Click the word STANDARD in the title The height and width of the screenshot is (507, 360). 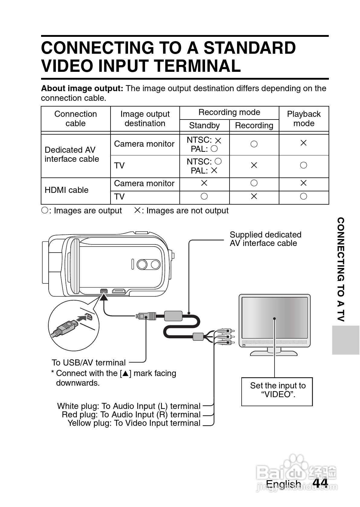point(249,48)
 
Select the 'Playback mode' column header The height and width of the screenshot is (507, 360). point(304,119)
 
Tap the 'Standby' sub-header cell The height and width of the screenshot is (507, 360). point(204,126)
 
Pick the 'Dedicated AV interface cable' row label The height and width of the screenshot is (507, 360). point(72,155)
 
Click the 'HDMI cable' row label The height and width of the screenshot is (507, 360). point(66,190)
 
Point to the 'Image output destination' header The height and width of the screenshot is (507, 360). point(145,119)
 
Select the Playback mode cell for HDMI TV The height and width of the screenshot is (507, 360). point(304,197)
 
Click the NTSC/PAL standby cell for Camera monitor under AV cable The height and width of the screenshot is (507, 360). point(204,145)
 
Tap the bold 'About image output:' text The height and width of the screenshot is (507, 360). point(82,89)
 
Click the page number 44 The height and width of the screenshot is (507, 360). point(320,483)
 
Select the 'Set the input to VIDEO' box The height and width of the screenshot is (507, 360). point(277,391)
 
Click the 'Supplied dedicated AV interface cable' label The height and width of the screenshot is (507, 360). point(265,239)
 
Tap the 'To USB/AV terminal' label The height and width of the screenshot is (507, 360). point(88,363)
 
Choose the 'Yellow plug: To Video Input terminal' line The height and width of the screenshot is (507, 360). point(134,423)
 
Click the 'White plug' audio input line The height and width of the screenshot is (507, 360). point(129,406)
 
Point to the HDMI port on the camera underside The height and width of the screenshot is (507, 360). point(119,291)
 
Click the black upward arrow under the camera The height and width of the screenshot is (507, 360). point(104,297)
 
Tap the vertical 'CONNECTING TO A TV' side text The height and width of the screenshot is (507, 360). point(340,269)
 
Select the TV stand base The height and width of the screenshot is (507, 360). point(274,353)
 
